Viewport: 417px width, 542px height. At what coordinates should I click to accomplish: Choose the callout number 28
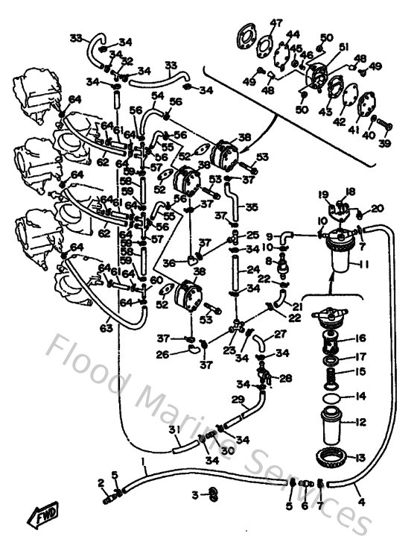(286, 378)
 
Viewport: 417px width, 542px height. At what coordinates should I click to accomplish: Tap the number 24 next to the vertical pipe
(252, 269)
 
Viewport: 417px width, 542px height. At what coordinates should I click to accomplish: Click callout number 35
(252, 208)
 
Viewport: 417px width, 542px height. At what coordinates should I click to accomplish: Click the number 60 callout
(155, 280)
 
